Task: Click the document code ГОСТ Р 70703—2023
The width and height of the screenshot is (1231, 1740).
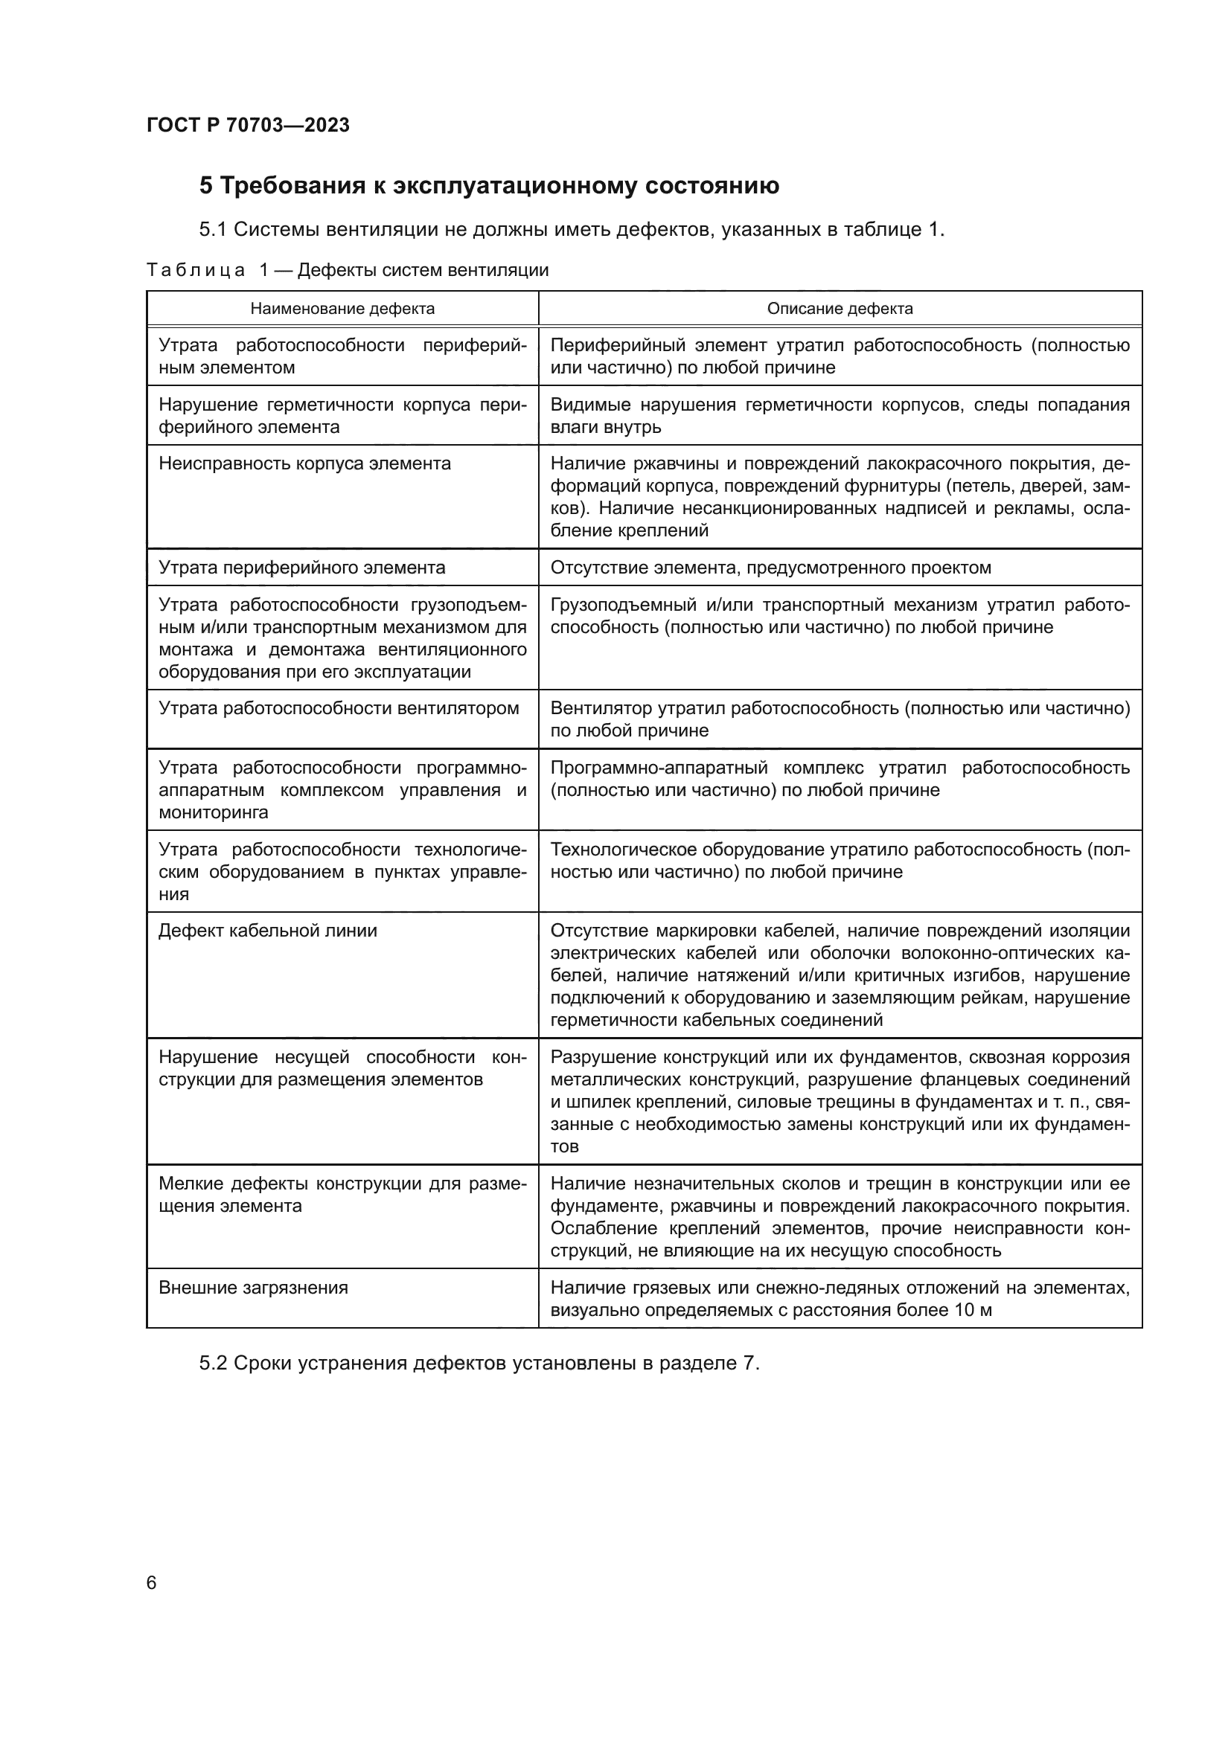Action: [x=248, y=125]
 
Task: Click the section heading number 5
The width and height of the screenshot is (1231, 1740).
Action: [x=206, y=186]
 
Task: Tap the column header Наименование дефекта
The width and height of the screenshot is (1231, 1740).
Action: [x=342, y=309]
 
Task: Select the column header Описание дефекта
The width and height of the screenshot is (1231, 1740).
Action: [x=840, y=309]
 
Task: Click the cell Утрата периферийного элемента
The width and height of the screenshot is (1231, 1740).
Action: [x=301, y=568]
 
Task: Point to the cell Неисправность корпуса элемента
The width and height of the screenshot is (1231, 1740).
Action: [x=304, y=463]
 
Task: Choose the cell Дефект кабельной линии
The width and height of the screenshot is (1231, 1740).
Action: [x=268, y=931]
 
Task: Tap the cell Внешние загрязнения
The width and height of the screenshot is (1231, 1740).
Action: [x=253, y=1288]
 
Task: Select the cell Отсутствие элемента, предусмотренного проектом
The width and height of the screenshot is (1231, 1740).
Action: [x=771, y=568]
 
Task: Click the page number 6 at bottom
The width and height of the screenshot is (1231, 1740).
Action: [x=152, y=1582]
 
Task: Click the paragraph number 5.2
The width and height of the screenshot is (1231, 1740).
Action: [x=213, y=1364]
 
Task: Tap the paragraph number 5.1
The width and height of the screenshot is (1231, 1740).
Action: [x=213, y=230]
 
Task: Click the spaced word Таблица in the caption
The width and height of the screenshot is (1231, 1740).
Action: [x=196, y=271]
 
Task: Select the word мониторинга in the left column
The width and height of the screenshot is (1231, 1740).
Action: [x=213, y=812]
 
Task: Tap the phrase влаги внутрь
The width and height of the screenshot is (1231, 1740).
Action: [x=606, y=427]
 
